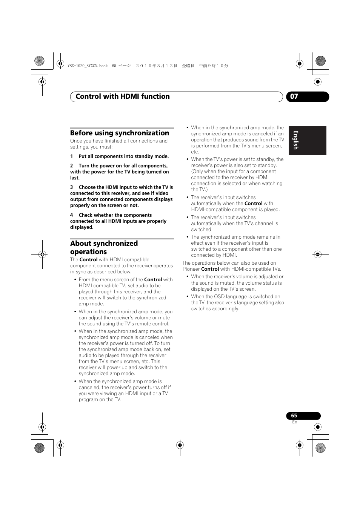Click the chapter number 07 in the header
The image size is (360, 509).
coord(294,97)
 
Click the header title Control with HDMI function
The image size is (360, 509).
coord(123,97)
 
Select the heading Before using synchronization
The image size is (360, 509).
coord(120,133)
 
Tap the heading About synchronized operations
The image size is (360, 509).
coord(104,247)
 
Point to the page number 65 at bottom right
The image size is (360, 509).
coord(294,415)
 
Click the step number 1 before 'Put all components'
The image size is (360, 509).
coord(71,156)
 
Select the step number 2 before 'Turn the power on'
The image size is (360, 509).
coord(71,166)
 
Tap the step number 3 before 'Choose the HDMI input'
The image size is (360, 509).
coord(71,187)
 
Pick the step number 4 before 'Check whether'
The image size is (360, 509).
coord(71,215)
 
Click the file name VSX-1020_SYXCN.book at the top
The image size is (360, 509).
coord(88,66)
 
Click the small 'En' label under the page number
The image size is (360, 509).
coord(294,422)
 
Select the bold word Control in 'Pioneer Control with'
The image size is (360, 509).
coord(210,269)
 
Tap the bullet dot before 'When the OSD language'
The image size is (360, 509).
coord(187,297)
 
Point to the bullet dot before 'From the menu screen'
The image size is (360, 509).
coord(75,280)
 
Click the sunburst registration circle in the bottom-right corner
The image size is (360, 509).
coord(320,448)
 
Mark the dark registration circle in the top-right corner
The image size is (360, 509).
coord(320,60)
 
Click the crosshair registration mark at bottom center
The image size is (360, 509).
coord(180,445)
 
